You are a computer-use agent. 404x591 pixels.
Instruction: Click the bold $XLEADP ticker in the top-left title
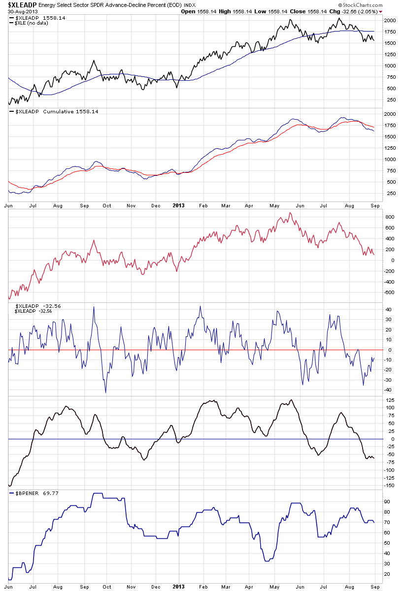[20, 4]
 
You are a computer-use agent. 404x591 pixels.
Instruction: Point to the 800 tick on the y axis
[390, 217]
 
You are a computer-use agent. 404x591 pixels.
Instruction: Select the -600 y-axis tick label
[390, 293]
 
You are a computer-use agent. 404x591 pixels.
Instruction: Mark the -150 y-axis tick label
[390, 486]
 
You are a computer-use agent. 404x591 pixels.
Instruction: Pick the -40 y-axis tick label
[389, 390]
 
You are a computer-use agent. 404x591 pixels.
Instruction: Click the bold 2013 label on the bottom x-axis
[178, 587]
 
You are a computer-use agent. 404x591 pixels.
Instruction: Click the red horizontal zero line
[197, 350]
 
